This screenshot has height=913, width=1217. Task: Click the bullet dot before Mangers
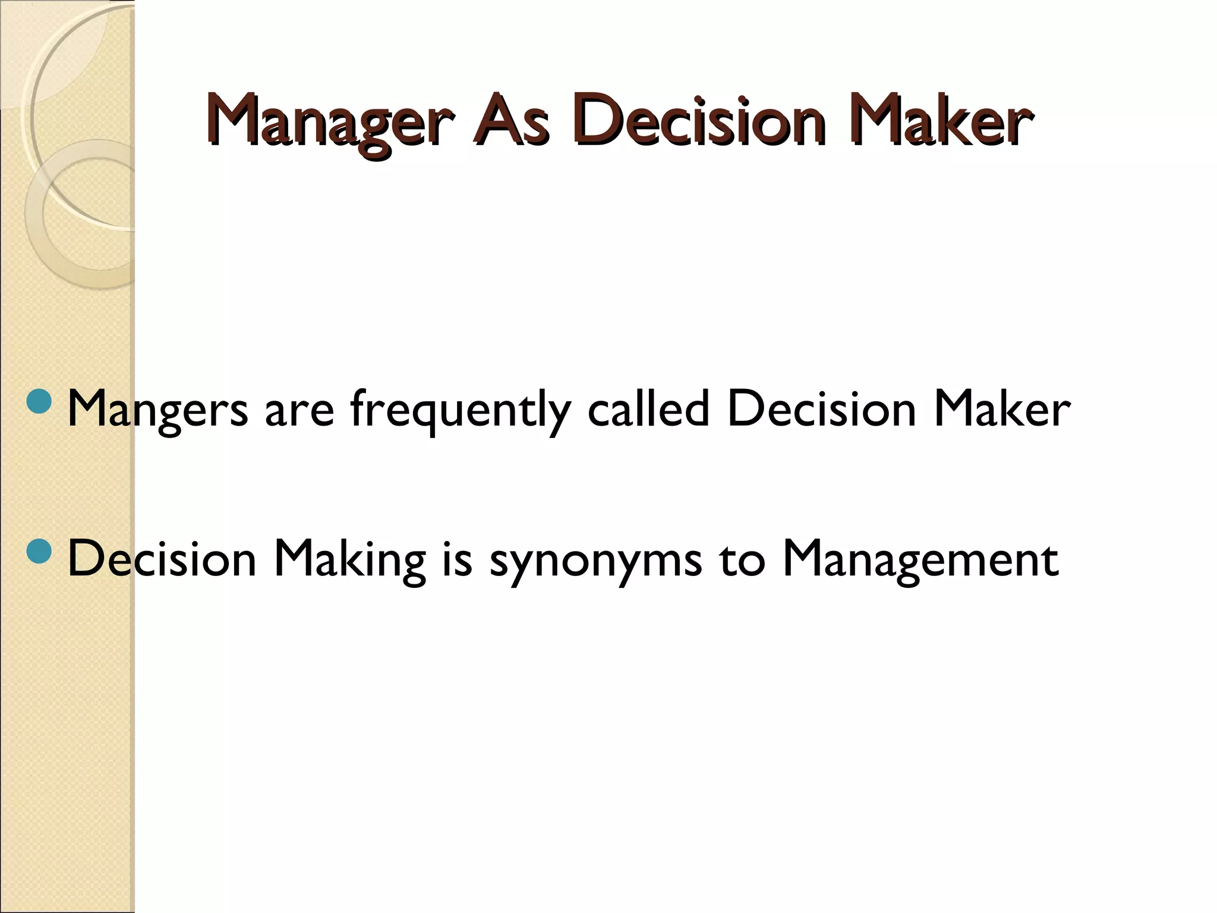point(40,402)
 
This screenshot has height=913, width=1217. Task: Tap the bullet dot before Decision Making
point(40,551)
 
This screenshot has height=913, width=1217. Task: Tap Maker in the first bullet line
point(1001,409)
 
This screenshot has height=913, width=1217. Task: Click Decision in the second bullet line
point(162,559)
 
